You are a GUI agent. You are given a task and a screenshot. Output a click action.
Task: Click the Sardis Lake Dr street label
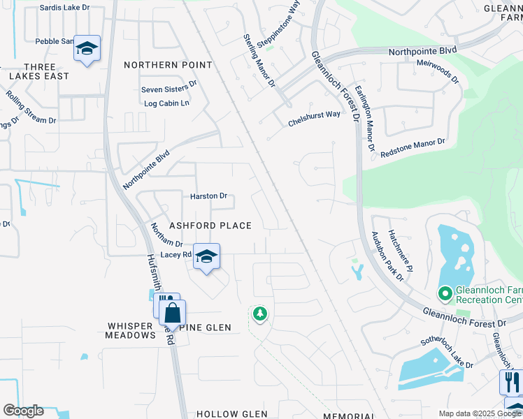click(x=65, y=7)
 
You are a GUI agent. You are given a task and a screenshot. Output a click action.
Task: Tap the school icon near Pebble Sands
click(x=87, y=48)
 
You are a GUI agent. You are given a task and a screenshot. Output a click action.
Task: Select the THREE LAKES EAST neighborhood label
click(x=40, y=71)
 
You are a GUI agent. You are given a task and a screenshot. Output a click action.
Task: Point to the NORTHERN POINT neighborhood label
click(x=168, y=65)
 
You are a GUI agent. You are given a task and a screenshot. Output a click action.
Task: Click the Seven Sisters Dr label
click(x=169, y=89)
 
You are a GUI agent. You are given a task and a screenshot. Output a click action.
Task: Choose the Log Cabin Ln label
click(x=166, y=103)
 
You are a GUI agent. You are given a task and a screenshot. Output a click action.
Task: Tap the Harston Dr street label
click(x=208, y=196)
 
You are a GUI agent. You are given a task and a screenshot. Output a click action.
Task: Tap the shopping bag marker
click(x=172, y=312)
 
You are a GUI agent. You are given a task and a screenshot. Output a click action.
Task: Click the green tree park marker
click(x=260, y=314)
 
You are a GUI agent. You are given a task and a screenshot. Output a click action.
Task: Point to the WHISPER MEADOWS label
click(x=131, y=330)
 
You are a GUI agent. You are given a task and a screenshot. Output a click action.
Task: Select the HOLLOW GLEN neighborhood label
click(x=231, y=414)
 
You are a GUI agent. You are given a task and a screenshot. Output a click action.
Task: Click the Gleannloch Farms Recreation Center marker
click(x=444, y=294)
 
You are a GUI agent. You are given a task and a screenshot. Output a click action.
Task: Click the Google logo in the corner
click(x=23, y=411)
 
